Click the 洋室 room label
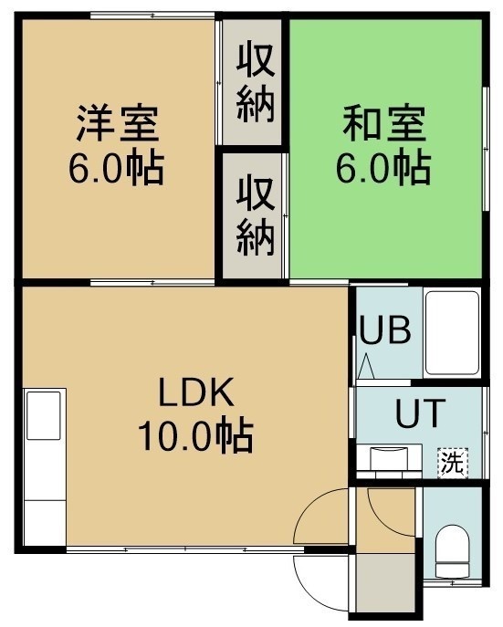tap(118, 123)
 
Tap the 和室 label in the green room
tap(383, 123)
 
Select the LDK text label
tap(196, 392)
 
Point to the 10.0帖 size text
tap(195, 435)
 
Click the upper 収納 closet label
tap(256, 83)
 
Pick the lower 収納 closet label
tap(256, 216)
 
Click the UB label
tap(385, 329)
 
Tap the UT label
tap(420, 413)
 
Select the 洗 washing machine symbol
tap(453, 463)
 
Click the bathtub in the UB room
tap(452, 333)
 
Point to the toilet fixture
tap(452, 552)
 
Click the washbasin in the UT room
tap(389, 461)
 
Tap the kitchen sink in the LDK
tap(44, 415)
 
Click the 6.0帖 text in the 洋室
tap(116, 167)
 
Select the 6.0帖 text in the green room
tap(383, 167)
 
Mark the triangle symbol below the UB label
tap(366, 367)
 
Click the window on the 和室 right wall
tap(486, 149)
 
